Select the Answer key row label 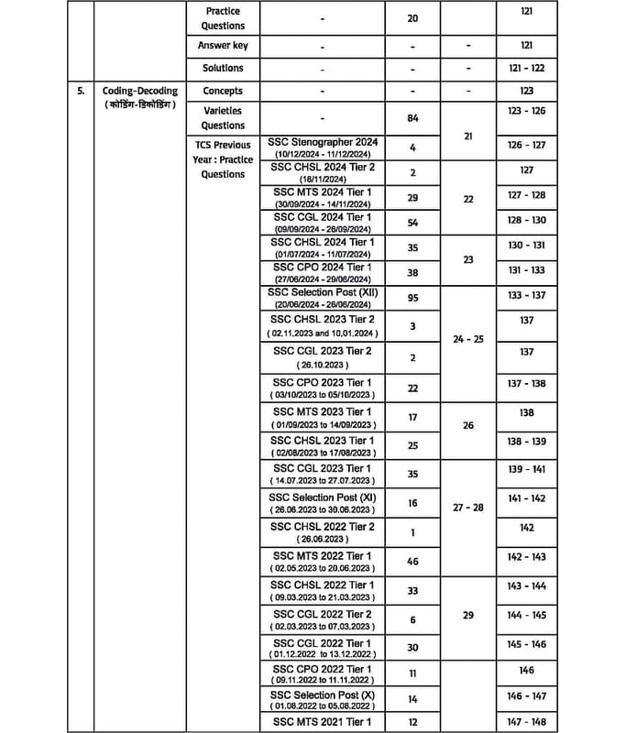coord(223,45)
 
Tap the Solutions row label coord(223,68)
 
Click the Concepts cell coord(223,91)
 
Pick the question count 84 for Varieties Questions coord(413,117)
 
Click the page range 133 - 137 coord(526,295)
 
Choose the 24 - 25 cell coord(467,339)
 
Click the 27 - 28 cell coord(467,507)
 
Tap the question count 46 coord(413,561)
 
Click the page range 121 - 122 coord(526,68)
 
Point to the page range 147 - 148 coord(526,722)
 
